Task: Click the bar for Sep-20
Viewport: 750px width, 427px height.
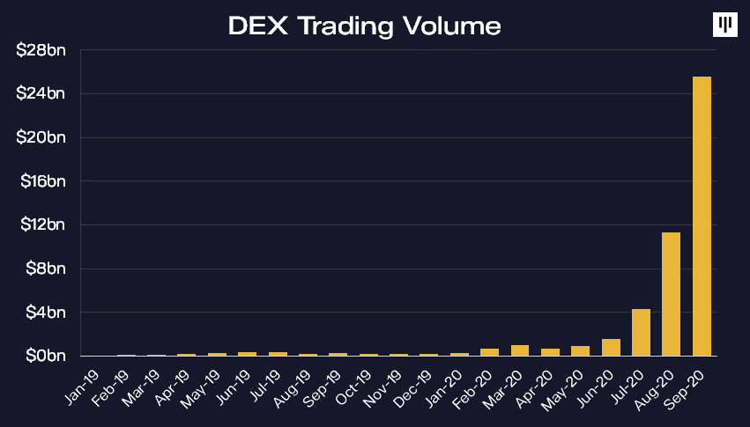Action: [x=702, y=216]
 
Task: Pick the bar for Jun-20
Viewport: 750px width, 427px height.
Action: [x=611, y=347]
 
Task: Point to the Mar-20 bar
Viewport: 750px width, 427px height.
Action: [x=520, y=350]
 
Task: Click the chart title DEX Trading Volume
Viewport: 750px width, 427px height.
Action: [x=364, y=26]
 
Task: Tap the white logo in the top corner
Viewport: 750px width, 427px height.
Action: [x=724, y=26]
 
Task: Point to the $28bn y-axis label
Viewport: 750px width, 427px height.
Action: [x=41, y=50]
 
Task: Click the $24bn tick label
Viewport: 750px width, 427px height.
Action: [x=41, y=93]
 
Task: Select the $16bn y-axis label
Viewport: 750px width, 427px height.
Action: [x=41, y=181]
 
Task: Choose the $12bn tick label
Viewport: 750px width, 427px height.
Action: [x=41, y=225]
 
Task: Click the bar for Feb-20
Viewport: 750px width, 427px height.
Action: [x=489, y=352]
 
